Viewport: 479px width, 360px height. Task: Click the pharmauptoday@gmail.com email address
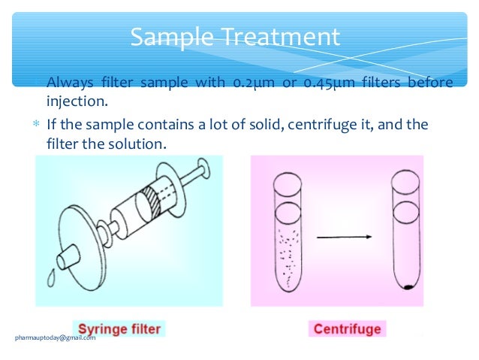56,337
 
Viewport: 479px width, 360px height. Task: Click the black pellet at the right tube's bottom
408,286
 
